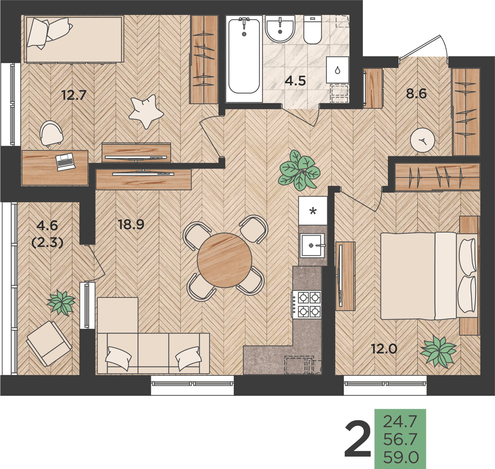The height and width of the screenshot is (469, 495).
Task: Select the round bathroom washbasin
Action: pos(280,30)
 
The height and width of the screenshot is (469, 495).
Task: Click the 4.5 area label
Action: pos(295,81)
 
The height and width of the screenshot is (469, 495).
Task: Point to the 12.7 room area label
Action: pos(74,95)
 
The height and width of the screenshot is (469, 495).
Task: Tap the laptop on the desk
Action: pos(65,162)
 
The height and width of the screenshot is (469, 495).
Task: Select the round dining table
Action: pos(224,260)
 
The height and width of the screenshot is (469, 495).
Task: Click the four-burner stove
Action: pos(306,305)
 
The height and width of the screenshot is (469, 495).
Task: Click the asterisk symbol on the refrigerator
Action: pos(313,210)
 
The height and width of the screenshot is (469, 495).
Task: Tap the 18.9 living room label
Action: pos(131,224)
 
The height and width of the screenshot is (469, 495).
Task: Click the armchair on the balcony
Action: pos(49,344)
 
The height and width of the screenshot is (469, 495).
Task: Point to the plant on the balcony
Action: pos(61,303)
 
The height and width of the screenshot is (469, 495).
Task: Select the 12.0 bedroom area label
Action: pos(384,349)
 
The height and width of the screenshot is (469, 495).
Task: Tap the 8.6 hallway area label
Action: pos(416,94)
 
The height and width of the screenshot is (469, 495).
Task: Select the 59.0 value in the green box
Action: pos(401,457)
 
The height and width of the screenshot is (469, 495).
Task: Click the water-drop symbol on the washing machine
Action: pos(338,70)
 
